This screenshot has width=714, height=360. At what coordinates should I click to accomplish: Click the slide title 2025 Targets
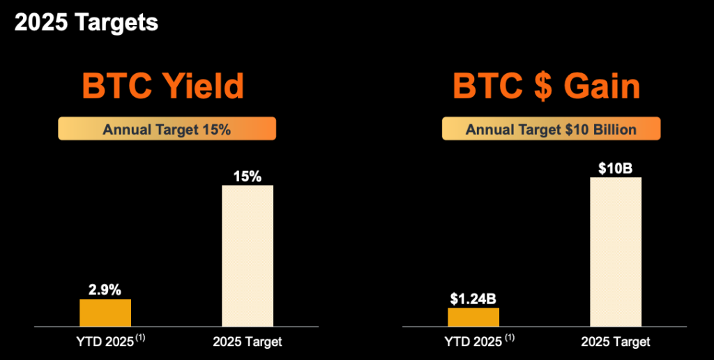86,22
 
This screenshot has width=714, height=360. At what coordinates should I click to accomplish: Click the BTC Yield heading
163,87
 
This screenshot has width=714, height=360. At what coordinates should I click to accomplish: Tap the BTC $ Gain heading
547,87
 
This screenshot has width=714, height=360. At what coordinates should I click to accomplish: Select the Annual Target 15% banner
167,129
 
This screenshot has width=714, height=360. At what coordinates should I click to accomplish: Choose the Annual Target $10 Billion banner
550,129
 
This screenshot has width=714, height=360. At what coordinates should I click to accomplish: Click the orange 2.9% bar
105,313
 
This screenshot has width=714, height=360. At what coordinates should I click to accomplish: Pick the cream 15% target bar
248,255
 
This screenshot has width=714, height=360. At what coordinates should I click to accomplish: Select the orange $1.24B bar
473,317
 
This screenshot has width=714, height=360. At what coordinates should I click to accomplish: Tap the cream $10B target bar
616,251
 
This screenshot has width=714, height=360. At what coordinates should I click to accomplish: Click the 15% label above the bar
248,176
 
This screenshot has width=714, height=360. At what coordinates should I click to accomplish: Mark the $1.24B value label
473,299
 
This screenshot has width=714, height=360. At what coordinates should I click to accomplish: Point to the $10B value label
616,168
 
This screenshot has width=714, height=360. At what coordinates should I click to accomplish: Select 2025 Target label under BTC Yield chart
248,342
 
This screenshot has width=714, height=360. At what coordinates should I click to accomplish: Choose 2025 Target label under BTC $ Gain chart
616,342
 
